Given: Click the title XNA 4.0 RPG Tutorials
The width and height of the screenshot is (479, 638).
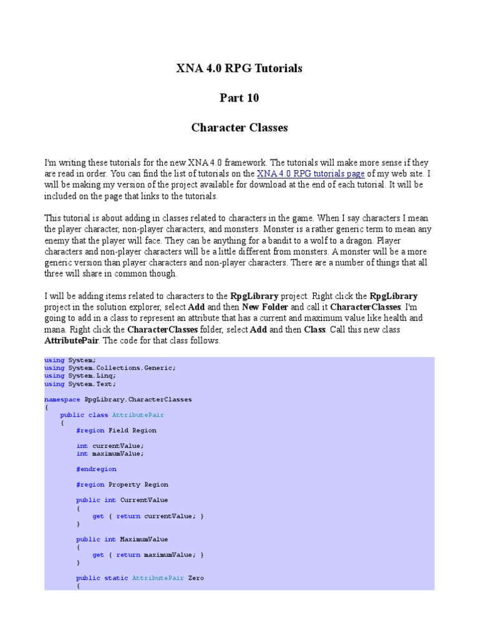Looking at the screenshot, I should (239, 69).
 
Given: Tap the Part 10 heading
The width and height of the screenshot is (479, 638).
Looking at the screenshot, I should (239, 98).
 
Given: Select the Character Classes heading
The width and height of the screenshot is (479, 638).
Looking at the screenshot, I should (239, 128).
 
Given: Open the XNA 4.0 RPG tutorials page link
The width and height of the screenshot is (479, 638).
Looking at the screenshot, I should (311, 174).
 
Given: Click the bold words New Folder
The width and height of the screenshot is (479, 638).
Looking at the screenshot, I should (264, 307).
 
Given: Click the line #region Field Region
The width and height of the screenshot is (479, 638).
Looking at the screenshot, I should (116, 430).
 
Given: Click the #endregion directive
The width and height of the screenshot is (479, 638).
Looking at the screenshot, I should (96, 469).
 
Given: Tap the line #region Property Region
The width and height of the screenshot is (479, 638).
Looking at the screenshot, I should (122, 484).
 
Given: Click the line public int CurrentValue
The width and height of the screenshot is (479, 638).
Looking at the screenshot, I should (122, 500).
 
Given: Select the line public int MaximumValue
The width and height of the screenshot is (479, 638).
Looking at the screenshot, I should (122, 539).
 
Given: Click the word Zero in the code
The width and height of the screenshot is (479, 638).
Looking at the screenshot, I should (196, 578).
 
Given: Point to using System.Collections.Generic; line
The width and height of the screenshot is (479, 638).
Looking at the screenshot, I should (110, 368).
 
